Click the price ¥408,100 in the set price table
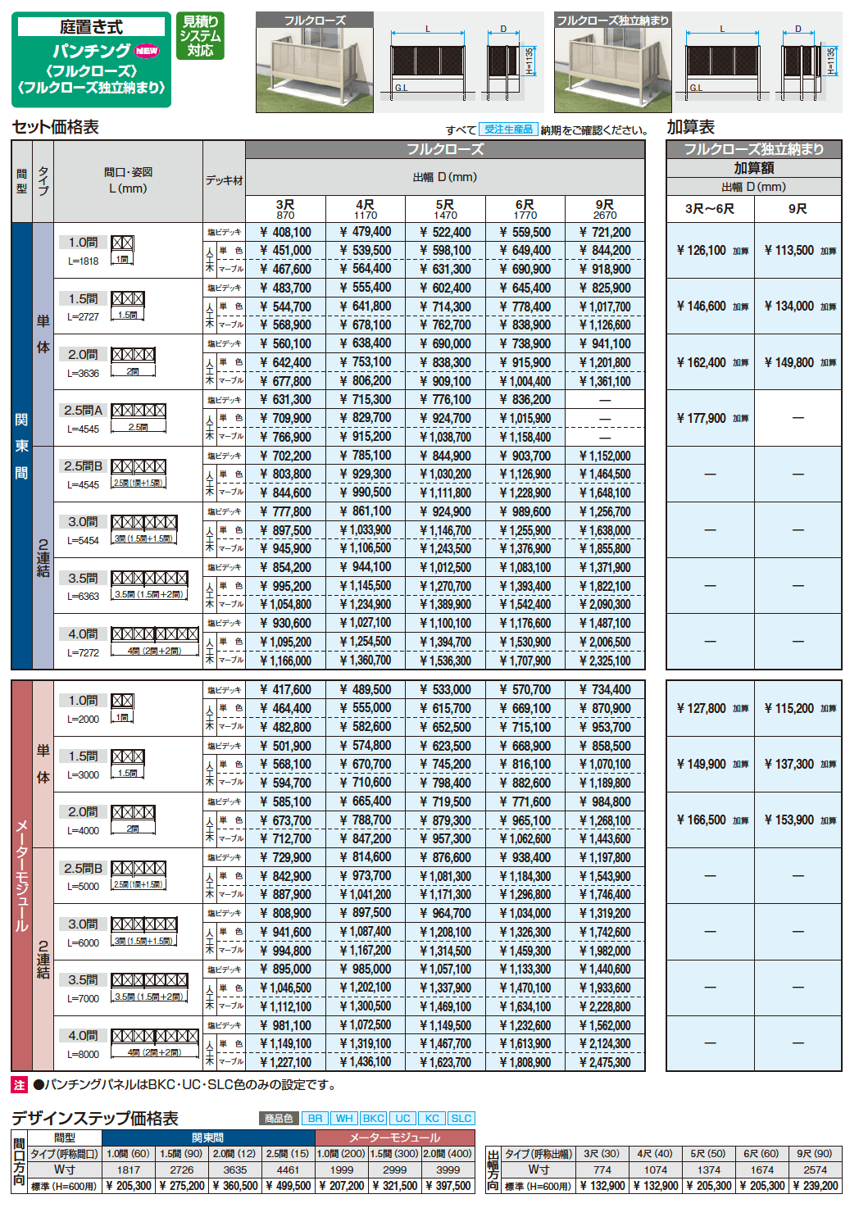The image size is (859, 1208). pos(285,233)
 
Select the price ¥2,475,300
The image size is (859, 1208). pos(605,1063)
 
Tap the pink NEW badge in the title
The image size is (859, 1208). pos(147,51)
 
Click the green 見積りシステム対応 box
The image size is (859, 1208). pos(200,36)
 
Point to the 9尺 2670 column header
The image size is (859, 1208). pos(605,209)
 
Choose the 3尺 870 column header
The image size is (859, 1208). pos(285,209)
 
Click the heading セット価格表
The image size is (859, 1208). pos(55,127)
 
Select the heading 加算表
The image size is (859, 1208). pos(690,127)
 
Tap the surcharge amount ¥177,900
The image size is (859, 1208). pos(702,419)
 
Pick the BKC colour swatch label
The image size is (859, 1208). pos(373,1119)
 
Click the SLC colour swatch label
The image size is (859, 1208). pos(461,1119)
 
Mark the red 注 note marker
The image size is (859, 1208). pos(20,1085)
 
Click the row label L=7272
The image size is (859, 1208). pos(83,653)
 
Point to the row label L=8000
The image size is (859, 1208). pos(83,1055)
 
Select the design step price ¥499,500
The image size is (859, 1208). pos(289,1186)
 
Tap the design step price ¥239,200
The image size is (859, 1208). pos(815,1186)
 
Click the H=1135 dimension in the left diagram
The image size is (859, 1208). pos(529,61)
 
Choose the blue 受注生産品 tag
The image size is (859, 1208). pos(508,129)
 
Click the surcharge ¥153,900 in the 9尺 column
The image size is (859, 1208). pos(789,820)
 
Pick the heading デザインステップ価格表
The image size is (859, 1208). pos(94,1119)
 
